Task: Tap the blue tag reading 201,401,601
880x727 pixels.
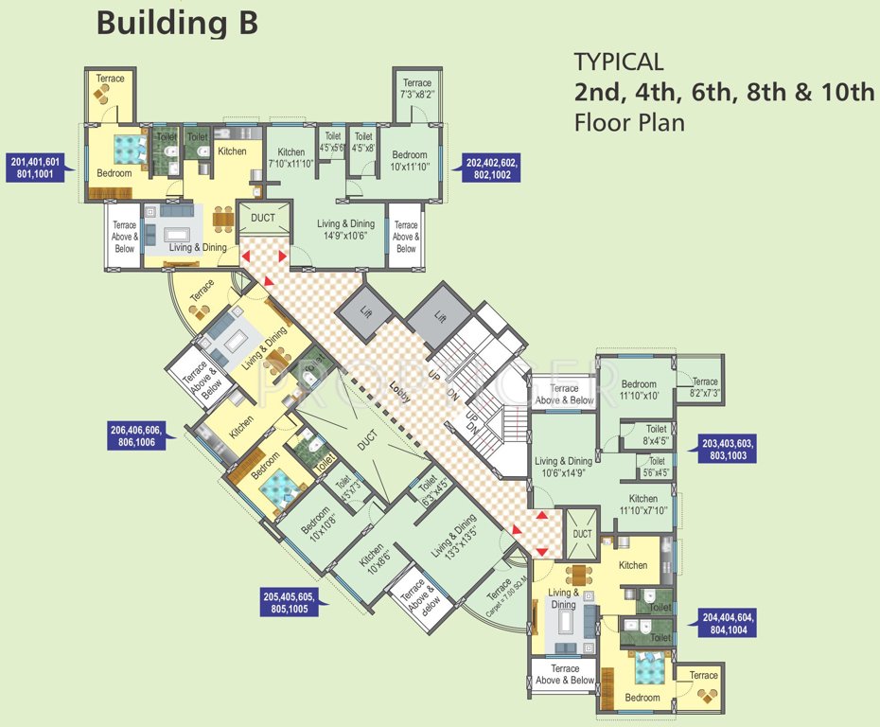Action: click(x=35, y=168)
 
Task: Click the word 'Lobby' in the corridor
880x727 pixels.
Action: click(x=399, y=395)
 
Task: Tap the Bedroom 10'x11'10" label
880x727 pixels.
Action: click(x=410, y=161)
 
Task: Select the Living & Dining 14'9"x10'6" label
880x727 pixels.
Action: click(x=345, y=230)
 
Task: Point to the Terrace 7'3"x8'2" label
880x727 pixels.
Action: click(x=416, y=89)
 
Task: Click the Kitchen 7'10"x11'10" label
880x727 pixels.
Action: click(x=291, y=158)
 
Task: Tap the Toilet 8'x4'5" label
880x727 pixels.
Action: click(x=656, y=434)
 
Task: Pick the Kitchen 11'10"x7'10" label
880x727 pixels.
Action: click(x=642, y=505)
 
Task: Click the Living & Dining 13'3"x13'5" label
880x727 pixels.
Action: click(x=453, y=538)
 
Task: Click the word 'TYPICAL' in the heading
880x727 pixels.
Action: click(x=618, y=62)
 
